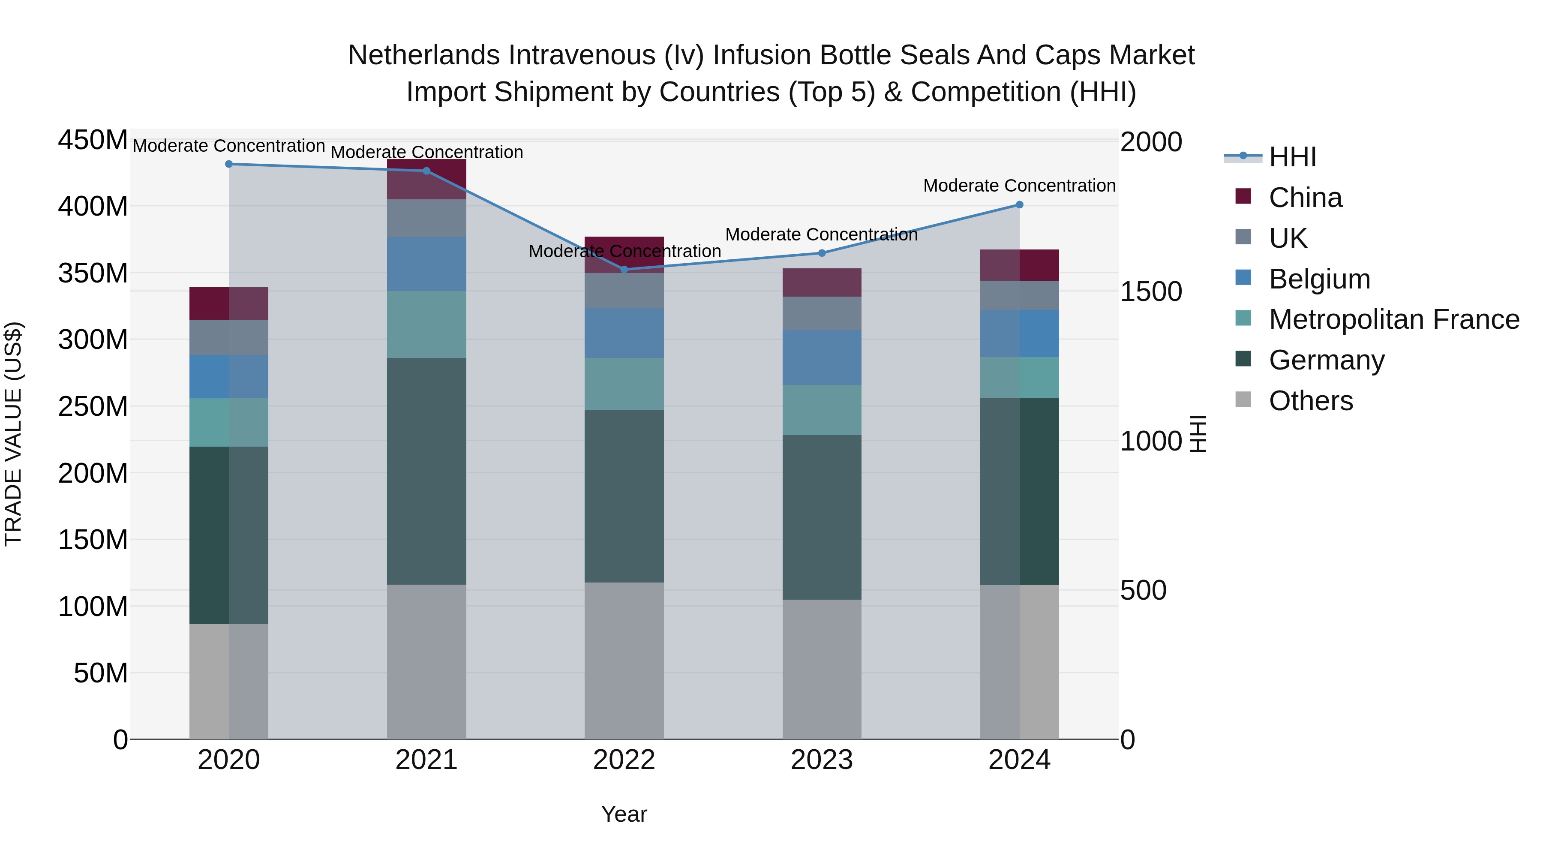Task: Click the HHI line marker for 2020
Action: pos(229,164)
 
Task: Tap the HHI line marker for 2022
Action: pos(624,270)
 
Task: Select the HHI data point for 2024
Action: pos(1020,205)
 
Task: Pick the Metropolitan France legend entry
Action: pos(1393,319)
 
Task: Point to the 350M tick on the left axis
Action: pos(93,273)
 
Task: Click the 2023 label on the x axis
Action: pos(821,760)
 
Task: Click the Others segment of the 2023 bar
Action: pos(821,669)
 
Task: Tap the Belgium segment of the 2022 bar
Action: pos(624,333)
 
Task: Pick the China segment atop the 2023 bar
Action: pos(821,283)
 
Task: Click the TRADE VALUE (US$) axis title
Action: pos(13,434)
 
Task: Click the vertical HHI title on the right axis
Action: pos(1198,434)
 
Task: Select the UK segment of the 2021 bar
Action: pos(426,218)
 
